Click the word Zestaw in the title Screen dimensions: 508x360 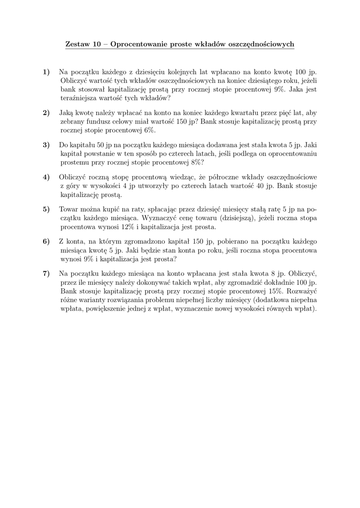tap(77, 45)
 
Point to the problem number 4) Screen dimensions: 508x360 tap(47, 177)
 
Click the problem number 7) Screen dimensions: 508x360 tap(47, 273)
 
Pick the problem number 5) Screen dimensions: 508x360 tap(47, 209)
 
